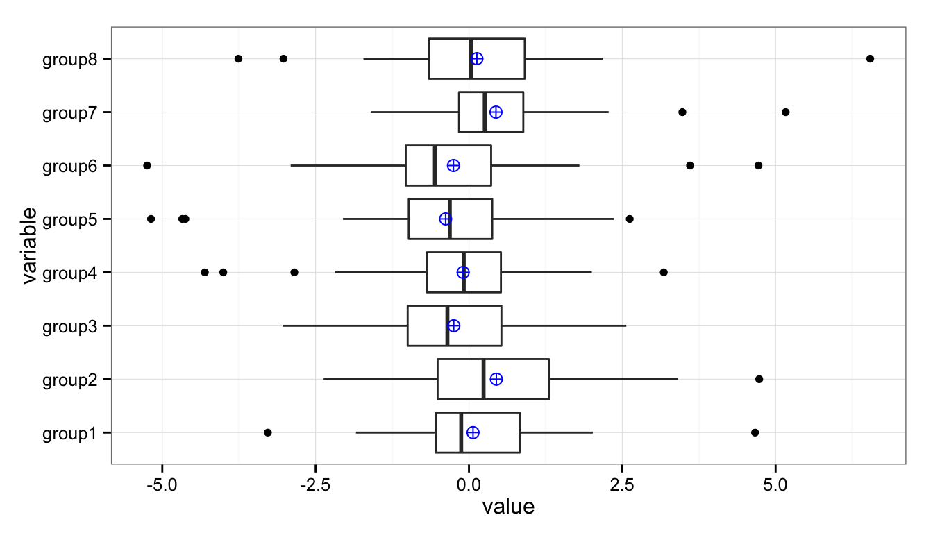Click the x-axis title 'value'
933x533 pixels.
point(508,507)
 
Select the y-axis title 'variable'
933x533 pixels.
point(28,246)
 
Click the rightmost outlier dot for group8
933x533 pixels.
point(870,58)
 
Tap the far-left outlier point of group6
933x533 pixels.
point(147,165)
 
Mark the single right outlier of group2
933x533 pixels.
point(759,379)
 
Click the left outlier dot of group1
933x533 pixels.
point(268,432)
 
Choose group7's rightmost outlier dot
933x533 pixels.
point(785,112)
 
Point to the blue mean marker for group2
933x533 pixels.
point(496,379)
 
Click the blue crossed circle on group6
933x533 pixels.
point(453,165)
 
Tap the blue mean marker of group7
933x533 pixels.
point(495,112)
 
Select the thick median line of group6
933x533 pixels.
point(435,165)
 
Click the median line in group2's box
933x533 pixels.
point(483,379)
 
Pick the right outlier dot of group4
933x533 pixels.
point(664,272)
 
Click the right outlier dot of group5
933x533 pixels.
point(630,219)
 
